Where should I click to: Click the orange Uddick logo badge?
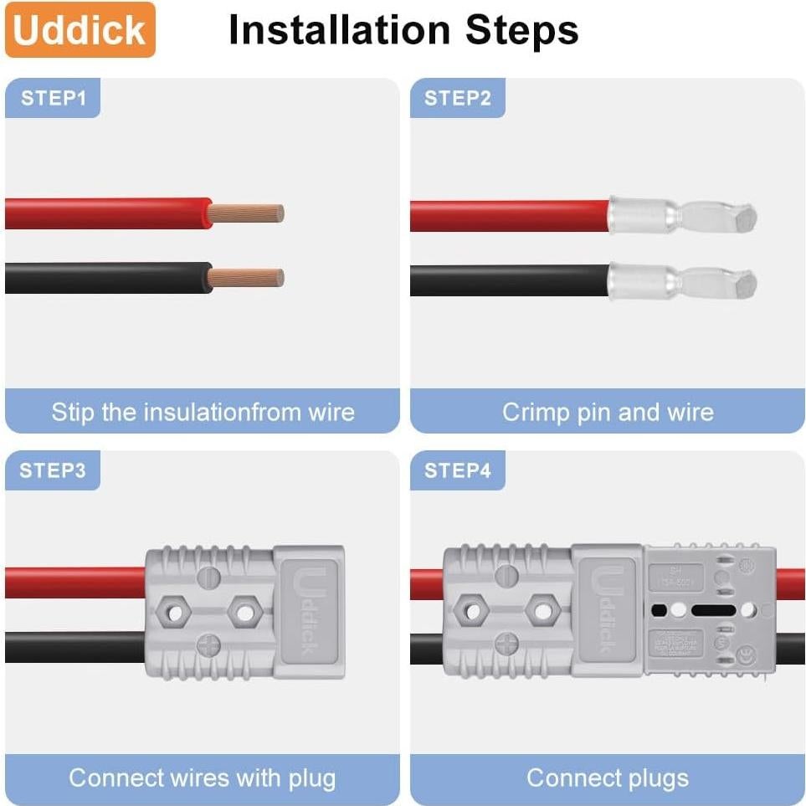[80, 30]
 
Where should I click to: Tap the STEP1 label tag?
[53, 98]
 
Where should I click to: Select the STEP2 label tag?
[457, 98]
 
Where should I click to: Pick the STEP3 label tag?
[53, 470]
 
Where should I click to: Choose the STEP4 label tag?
[457, 470]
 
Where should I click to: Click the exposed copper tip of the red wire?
[248, 213]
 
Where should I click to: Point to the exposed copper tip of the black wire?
[248, 278]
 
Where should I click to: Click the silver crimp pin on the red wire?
[682, 217]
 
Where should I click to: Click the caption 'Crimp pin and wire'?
[608, 412]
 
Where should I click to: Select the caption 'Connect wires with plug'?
[202, 778]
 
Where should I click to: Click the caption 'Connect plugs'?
[608, 778]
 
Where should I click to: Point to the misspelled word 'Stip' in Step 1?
[73, 412]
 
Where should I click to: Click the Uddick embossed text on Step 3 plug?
[309, 611]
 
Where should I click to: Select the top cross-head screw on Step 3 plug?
[208, 575]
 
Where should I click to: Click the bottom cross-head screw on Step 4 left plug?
[506, 644]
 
